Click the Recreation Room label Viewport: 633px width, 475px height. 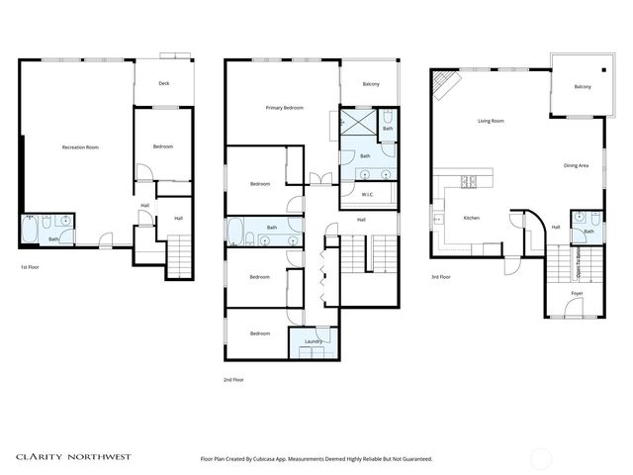click(80, 147)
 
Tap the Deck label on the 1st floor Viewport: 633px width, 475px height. click(163, 83)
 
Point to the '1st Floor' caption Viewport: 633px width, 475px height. click(31, 267)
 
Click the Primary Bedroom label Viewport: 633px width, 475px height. click(284, 106)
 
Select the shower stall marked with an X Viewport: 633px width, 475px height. click(358, 123)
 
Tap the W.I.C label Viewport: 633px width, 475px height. click(366, 193)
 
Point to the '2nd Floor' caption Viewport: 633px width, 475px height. click(232, 379)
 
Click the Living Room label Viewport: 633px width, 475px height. click(491, 121)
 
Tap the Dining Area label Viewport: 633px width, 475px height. click(576, 165)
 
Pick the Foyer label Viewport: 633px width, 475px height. click(576, 294)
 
